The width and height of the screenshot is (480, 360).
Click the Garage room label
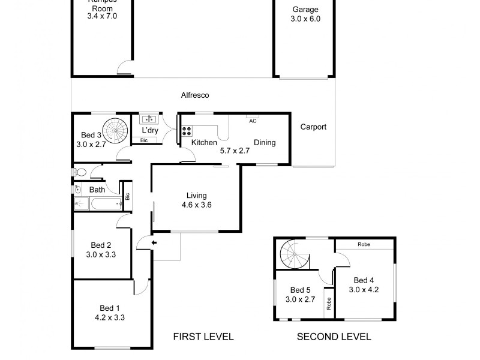[x=305, y=10]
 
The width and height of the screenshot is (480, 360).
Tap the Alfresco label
[x=195, y=95]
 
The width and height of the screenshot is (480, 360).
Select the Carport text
[x=313, y=127]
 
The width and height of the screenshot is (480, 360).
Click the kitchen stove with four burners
[x=186, y=130]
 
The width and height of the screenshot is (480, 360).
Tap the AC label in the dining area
[x=253, y=121]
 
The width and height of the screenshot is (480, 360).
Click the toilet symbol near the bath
[x=81, y=173]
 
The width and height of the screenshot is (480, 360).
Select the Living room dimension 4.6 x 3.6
[x=196, y=205]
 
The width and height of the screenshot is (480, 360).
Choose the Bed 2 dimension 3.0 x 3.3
[x=101, y=254]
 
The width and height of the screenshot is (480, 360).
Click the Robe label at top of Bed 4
[x=363, y=244]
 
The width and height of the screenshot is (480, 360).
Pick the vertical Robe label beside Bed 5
[x=328, y=304]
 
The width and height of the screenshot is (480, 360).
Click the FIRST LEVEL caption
[x=203, y=337]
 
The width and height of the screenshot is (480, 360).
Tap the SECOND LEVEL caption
[x=334, y=337]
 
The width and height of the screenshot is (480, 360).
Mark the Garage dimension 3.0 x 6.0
[x=305, y=19]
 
